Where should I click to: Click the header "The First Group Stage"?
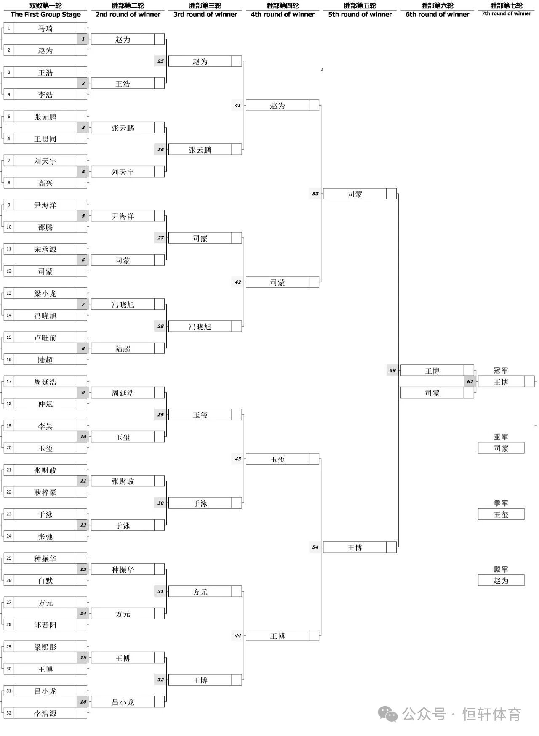[45, 14]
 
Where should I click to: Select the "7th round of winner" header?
[506, 13]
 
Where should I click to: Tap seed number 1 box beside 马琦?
[9, 28]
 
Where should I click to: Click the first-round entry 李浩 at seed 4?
[45, 95]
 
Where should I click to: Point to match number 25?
[160, 61]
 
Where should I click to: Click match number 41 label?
[238, 105]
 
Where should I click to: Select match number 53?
[315, 194]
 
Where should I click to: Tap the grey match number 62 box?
[470, 382]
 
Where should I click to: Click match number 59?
[392, 370]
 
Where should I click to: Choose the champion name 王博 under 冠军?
[501, 382]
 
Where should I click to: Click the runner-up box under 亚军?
[501, 448]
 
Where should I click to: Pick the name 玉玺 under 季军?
[501, 514]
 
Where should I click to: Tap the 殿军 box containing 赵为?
[501, 580]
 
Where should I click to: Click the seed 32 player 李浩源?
[45, 713]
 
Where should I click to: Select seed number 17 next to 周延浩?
[9, 382]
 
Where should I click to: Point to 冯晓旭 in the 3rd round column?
[200, 327]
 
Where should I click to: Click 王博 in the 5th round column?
[355, 547]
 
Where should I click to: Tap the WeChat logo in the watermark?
[388, 714]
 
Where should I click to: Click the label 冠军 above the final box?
[501, 370]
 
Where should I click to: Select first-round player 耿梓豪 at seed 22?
[45, 492]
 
